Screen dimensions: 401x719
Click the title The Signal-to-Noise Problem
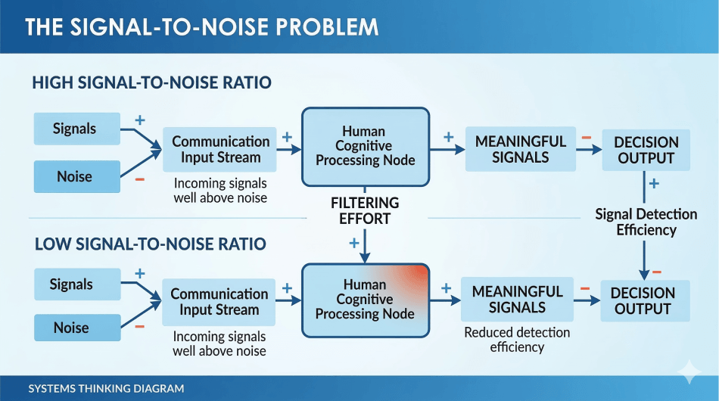pyautogui.click(x=202, y=26)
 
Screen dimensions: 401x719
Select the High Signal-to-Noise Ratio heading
pyautogui.click(x=151, y=82)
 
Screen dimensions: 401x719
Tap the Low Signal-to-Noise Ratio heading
pyautogui.click(x=149, y=244)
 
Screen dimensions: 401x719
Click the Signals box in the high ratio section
pyautogui.click(x=76, y=129)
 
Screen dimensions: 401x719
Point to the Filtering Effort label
pyautogui.click(x=365, y=211)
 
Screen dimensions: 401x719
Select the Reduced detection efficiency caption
pyautogui.click(x=517, y=340)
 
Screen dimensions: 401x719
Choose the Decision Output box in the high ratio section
pyautogui.click(x=645, y=150)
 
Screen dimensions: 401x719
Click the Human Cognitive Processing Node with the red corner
pyautogui.click(x=365, y=300)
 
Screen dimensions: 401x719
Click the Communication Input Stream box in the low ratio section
pyautogui.click(x=219, y=301)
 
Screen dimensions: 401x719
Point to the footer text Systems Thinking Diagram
pyautogui.click(x=106, y=388)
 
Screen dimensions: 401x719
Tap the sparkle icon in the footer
pyautogui.click(x=689, y=372)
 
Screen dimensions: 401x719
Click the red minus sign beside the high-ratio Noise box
pyautogui.click(x=139, y=180)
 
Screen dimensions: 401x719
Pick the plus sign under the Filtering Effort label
pyautogui.click(x=353, y=243)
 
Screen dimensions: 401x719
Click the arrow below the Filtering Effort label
pyautogui.click(x=366, y=245)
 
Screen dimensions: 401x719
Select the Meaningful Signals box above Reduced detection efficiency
pyautogui.click(x=517, y=299)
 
